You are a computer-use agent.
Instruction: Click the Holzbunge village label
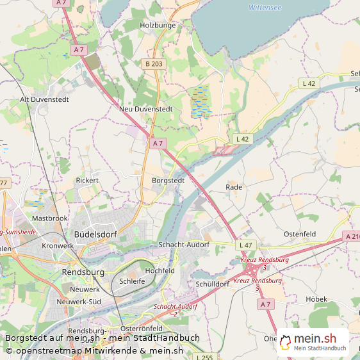[x=157, y=26]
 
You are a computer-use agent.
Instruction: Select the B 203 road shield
[x=154, y=63]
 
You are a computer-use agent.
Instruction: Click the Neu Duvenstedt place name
[x=146, y=110]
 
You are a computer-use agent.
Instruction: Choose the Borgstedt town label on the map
[x=168, y=181]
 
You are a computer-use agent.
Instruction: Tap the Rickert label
[x=87, y=181]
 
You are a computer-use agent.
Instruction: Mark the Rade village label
[x=234, y=187]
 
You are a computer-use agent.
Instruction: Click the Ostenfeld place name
[x=300, y=234]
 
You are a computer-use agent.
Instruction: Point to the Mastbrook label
[x=49, y=218]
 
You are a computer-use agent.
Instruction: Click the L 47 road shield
[x=245, y=245]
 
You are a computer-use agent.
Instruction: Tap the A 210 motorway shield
[x=352, y=236]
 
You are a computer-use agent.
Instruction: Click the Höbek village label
[x=316, y=299]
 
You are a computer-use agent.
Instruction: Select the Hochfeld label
[x=160, y=271]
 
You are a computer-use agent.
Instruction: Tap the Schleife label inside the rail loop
[x=132, y=281]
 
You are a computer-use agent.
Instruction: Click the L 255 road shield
[x=205, y=357]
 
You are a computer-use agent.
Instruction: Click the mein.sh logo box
[x=313, y=343]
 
